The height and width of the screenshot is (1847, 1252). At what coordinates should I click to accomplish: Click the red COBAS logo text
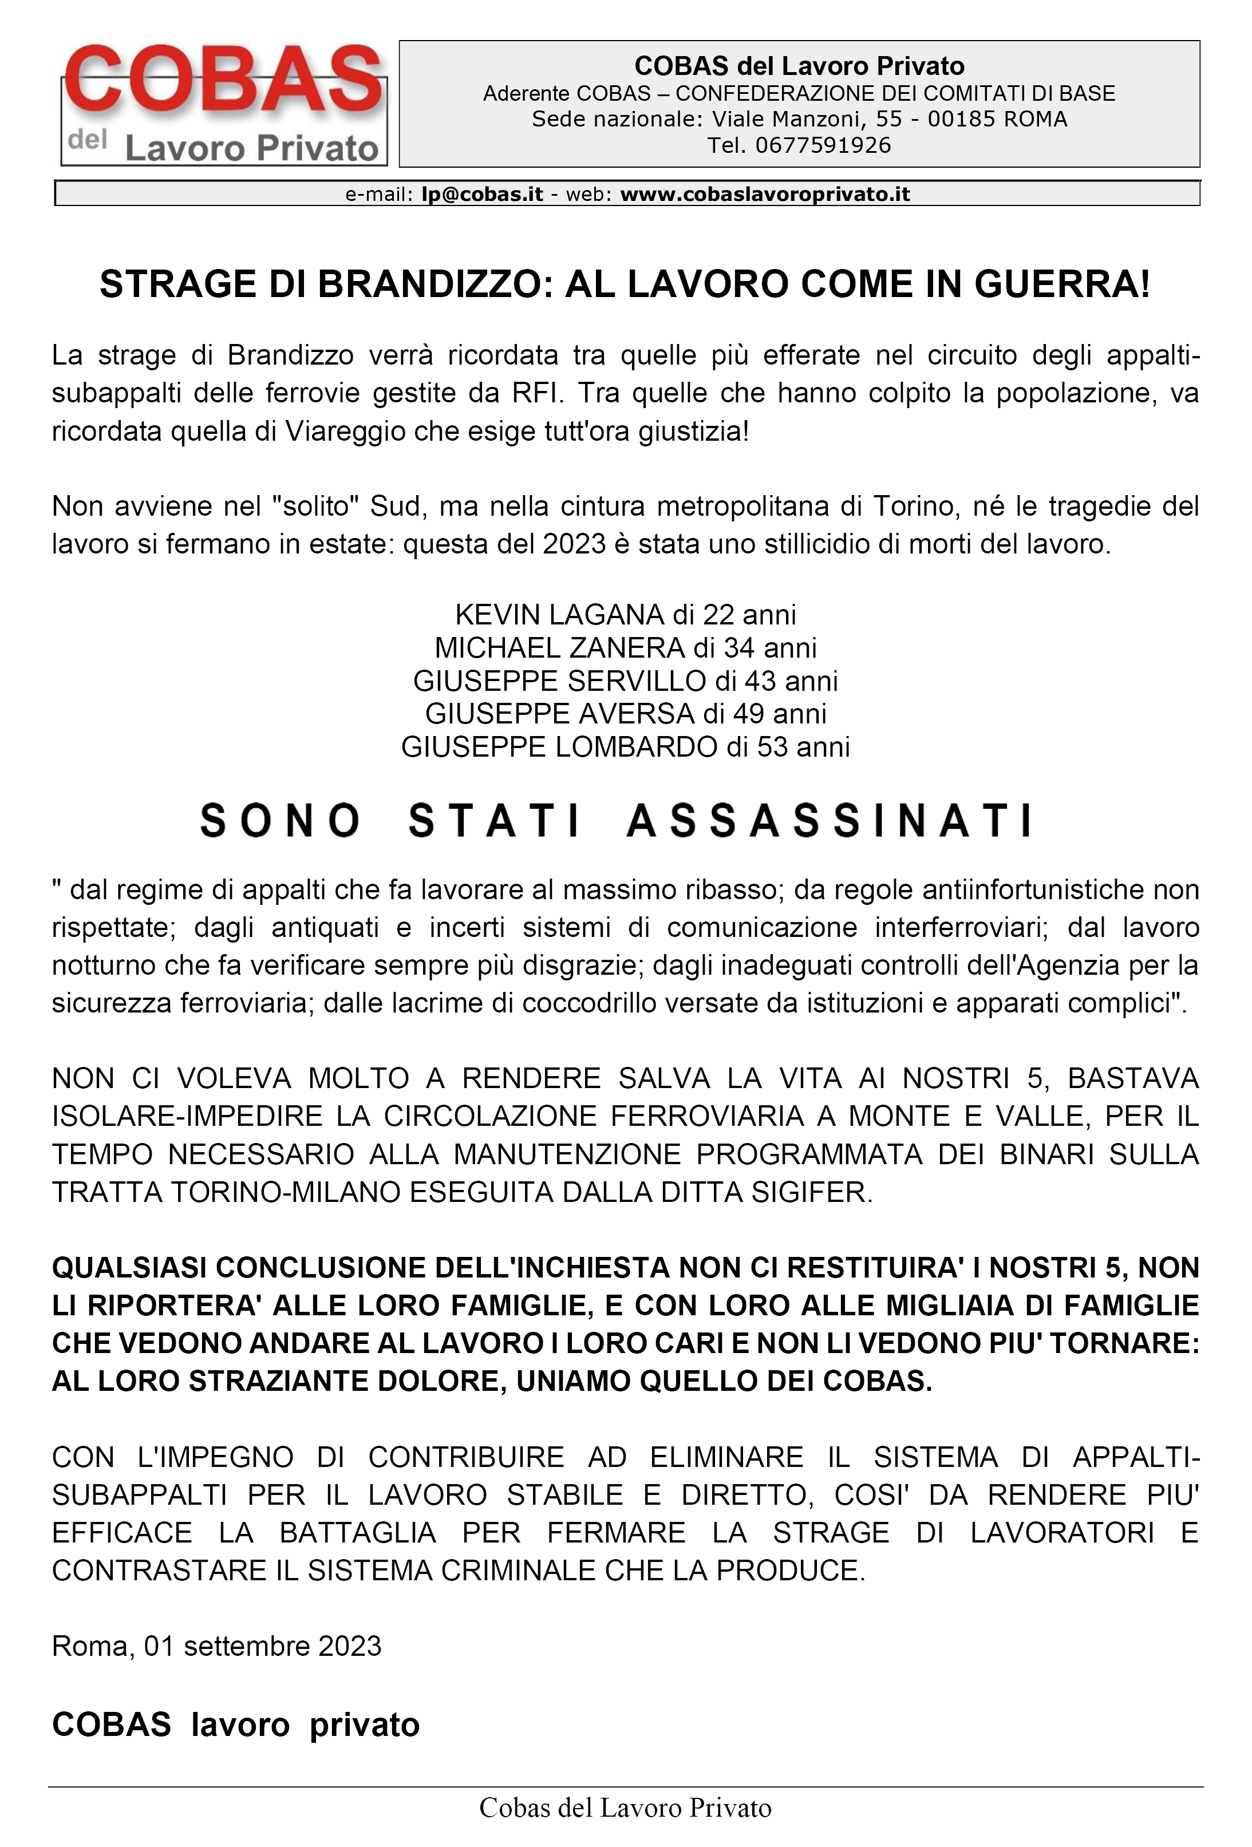(223, 80)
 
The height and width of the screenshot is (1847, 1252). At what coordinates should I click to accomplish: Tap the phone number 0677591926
(823, 145)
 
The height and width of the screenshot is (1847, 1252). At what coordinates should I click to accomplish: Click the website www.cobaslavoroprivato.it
(765, 195)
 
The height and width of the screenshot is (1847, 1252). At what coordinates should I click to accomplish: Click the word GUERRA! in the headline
(1062, 284)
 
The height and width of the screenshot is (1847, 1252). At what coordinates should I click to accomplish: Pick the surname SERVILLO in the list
(636, 681)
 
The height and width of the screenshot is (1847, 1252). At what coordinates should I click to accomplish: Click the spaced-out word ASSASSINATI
(830, 821)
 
